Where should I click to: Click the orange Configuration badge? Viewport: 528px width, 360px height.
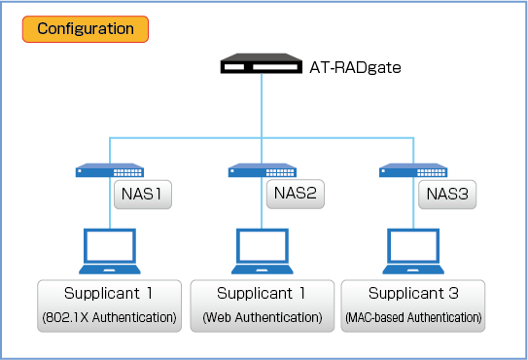click(x=86, y=29)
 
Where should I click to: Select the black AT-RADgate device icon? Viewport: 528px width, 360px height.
click(x=262, y=63)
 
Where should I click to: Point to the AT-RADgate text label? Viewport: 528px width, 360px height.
click(x=355, y=67)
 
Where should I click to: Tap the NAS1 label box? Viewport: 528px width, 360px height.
click(x=143, y=195)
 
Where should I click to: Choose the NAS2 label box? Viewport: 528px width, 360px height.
click(x=296, y=194)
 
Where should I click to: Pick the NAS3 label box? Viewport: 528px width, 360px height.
click(x=447, y=195)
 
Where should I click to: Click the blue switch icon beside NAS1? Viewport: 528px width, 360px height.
click(x=110, y=170)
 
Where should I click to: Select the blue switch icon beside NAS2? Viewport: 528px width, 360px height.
click(x=263, y=170)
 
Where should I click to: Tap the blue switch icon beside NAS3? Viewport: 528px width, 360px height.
click(x=413, y=170)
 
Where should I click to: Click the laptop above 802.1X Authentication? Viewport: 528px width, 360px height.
click(x=110, y=251)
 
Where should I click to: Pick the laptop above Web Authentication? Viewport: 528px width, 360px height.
click(x=263, y=251)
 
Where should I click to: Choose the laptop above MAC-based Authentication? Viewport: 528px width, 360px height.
click(x=413, y=251)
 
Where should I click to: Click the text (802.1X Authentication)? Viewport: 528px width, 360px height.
click(x=110, y=317)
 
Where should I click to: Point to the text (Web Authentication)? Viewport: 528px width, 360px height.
click(x=263, y=317)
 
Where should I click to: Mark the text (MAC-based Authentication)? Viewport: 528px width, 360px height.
click(x=413, y=317)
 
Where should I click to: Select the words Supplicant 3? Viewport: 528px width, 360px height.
click(x=413, y=293)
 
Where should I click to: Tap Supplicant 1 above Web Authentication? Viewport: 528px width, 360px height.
click(x=261, y=293)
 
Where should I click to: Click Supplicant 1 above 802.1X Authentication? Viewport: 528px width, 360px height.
click(x=108, y=293)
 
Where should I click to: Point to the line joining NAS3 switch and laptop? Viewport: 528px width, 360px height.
click(x=413, y=203)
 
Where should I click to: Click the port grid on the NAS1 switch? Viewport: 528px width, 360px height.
click(x=127, y=172)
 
